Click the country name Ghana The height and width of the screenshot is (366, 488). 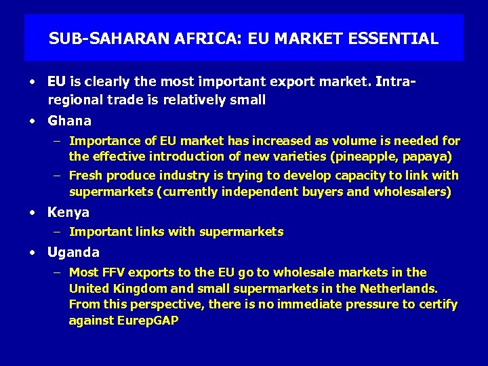point(69,121)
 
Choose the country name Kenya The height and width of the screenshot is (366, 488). point(68,212)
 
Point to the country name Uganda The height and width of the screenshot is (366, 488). point(73,253)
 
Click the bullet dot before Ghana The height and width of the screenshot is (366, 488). point(33,122)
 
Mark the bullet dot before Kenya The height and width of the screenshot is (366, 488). point(33,213)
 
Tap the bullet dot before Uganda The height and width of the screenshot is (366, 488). point(33,253)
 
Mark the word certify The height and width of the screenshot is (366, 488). point(436,305)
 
